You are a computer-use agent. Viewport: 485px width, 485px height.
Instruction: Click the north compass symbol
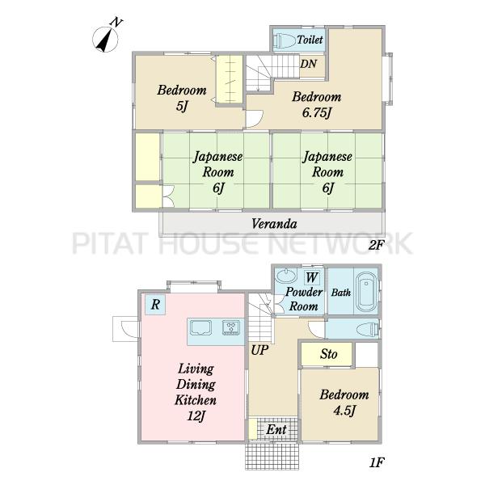(x=105, y=40)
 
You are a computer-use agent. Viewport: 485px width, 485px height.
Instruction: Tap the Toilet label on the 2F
(x=310, y=40)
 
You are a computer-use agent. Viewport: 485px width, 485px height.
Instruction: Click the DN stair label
(x=309, y=64)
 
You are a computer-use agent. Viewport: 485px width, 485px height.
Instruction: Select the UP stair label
(x=259, y=351)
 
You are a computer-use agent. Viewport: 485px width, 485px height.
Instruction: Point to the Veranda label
(x=274, y=224)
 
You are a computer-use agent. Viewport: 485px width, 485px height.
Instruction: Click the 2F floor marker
(x=376, y=245)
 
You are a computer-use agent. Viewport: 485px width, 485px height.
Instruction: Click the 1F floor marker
(x=377, y=462)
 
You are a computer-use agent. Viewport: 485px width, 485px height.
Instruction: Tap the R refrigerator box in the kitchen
(x=155, y=305)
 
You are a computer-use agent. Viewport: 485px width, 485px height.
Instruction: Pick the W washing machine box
(x=312, y=277)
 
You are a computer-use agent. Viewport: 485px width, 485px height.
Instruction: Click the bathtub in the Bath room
(x=366, y=293)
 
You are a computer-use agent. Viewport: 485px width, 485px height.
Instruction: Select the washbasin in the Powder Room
(x=286, y=276)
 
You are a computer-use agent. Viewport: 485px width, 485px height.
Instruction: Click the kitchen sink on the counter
(x=200, y=328)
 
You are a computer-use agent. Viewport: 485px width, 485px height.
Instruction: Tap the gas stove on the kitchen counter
(x=231, y=328)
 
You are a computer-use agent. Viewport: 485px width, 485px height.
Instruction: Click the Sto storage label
(x=328, y=354)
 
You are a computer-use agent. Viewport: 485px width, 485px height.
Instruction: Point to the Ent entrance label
(x=276, y=430)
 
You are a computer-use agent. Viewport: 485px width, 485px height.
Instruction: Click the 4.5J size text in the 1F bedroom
(x=344, y=411)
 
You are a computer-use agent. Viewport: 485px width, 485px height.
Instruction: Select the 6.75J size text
(x=317, y=112)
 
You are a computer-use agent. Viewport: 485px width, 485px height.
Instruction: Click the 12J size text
(x=196, y=416)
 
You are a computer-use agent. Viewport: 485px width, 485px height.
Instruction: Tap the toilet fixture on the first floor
(x=368, y=329)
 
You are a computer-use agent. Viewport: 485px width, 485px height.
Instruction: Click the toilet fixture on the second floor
(x=285, y=40)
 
